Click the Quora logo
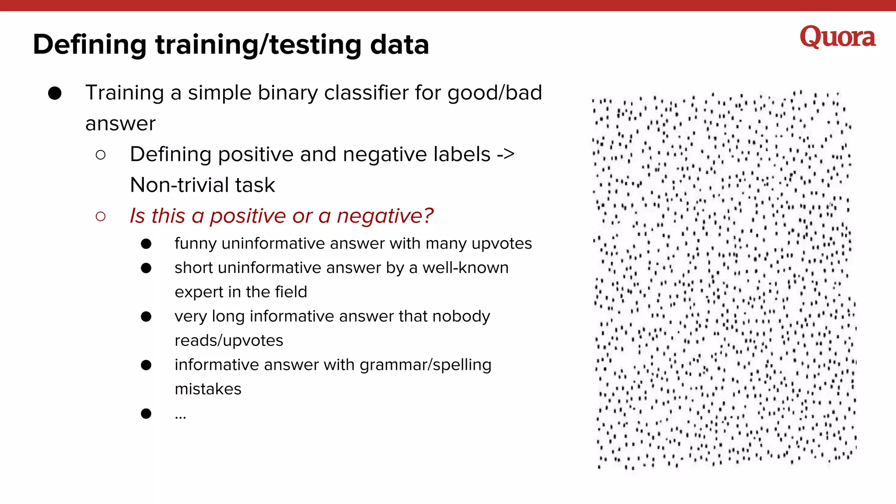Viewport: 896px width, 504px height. click(837, 37)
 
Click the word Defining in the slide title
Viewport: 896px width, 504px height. click(90, 45)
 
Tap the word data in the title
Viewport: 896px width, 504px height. click(399, 45)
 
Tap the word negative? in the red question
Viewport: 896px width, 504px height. click(385, 216)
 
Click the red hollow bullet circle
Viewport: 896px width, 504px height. click(101, 216)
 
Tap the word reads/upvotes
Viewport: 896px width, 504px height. click(229, 341)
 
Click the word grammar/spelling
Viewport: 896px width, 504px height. click(425, 365)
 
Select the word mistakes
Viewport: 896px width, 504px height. click(208, 389)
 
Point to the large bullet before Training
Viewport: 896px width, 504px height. click(55, 93)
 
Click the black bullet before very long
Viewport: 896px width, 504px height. click(146, 317)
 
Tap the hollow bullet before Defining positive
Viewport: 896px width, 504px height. click(101, 155)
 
